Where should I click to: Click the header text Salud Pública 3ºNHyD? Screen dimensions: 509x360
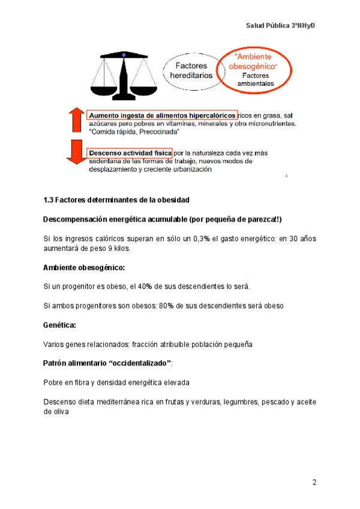281,26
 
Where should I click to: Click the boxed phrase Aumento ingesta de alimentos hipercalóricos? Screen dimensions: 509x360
161,115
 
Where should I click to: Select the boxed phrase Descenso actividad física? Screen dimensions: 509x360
130,154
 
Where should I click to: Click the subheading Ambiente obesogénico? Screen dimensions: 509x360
84,267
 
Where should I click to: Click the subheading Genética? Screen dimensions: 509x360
59,325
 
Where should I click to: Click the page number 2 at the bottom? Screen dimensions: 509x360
314,483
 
